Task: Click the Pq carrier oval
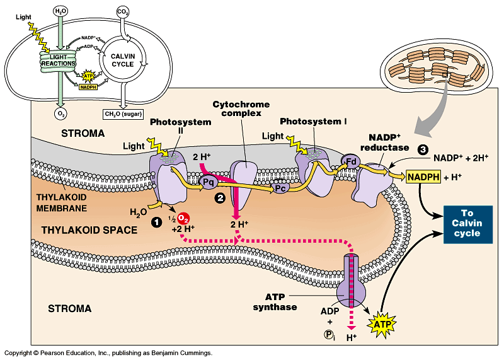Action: (x=209, y=183)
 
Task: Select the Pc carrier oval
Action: (x=280, y=188)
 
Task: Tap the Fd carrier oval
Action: (x=350, y=161)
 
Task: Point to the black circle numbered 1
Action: (x=156, y=222)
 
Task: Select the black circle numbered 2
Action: (x=220, y=198)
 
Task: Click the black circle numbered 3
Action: (x=423, y=149)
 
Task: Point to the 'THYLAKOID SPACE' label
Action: (x=89, y=230)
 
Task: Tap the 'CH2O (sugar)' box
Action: (x=123, y=114)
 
